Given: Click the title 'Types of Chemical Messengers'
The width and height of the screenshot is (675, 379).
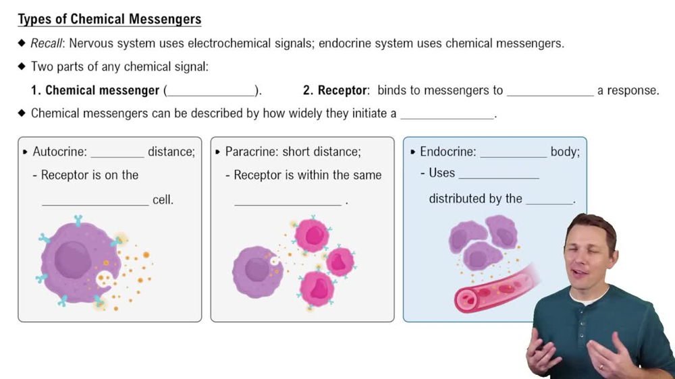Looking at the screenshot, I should [x=109, y=19].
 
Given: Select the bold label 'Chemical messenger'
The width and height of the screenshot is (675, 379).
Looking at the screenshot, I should [x=102, y=90].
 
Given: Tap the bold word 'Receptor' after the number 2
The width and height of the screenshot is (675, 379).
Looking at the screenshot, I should [x=343, y=90].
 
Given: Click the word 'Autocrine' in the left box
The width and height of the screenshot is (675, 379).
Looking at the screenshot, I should [x=59, y=152].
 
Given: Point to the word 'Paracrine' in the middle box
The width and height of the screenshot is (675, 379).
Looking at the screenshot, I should [x=252, y=152].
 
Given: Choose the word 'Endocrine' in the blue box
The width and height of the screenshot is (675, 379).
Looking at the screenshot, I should [x=448, y=152].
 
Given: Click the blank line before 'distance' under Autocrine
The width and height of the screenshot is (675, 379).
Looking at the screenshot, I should [x=117, y=155].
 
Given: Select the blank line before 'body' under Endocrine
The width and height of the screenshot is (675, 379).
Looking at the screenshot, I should [x=513, y=156].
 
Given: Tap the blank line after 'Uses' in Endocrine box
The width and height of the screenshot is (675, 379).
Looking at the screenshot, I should [x=499, y=177].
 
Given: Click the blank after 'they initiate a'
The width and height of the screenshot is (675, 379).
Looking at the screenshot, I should [x=448, y=117].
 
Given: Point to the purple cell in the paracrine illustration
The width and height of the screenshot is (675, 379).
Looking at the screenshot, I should [x=256, y=271].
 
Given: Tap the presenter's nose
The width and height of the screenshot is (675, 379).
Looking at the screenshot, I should [x=587, y=257].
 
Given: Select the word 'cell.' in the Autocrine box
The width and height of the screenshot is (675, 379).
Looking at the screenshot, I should [x=163, y=200].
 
